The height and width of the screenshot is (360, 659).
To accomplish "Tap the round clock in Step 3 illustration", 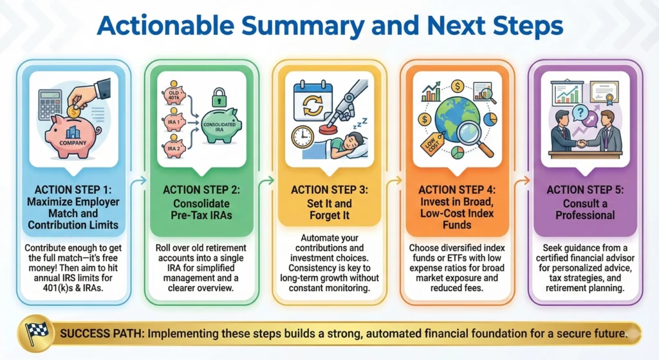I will click(x=301, y=137).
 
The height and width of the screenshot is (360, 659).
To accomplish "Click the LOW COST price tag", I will click(x=429, y=143).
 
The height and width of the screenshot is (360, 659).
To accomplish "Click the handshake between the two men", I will click(x=582, y=144).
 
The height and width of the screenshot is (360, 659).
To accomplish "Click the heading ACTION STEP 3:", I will click(x=329, y=190).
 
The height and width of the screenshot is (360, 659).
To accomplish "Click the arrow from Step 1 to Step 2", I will click(x=136, y=182).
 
